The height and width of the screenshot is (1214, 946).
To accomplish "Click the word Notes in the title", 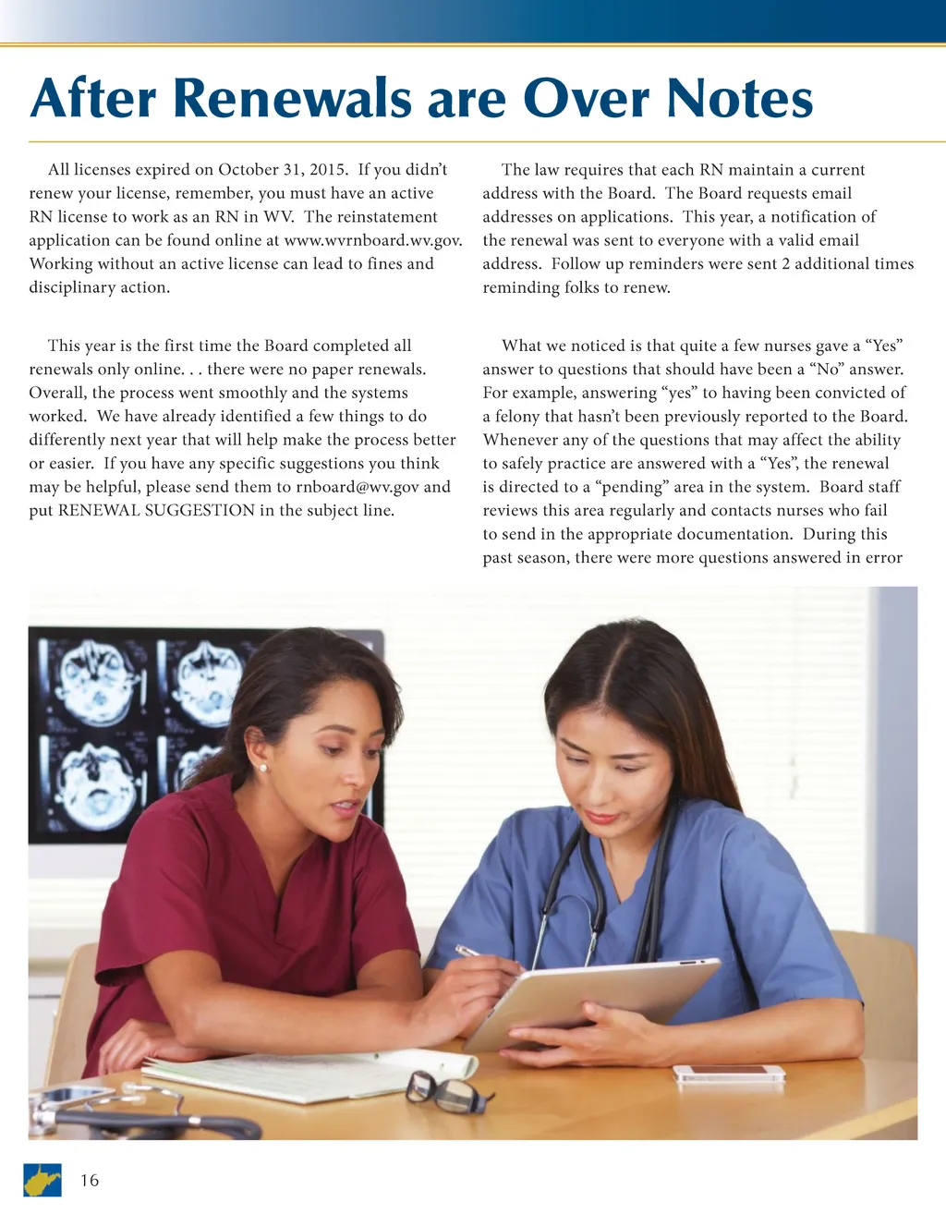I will point(739,99).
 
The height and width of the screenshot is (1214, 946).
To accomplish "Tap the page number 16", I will point(90,1180).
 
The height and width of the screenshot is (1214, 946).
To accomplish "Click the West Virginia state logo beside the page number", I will point(42,1180).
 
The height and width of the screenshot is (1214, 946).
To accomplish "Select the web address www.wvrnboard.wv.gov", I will point(373,240).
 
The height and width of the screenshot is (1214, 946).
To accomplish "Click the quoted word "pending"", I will point(629,487).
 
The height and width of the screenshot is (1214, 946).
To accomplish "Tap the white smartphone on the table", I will point(728,1073).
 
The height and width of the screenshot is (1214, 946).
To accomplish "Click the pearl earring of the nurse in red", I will point(262,768).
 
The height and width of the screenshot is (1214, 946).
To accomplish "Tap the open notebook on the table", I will point(305,1076).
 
